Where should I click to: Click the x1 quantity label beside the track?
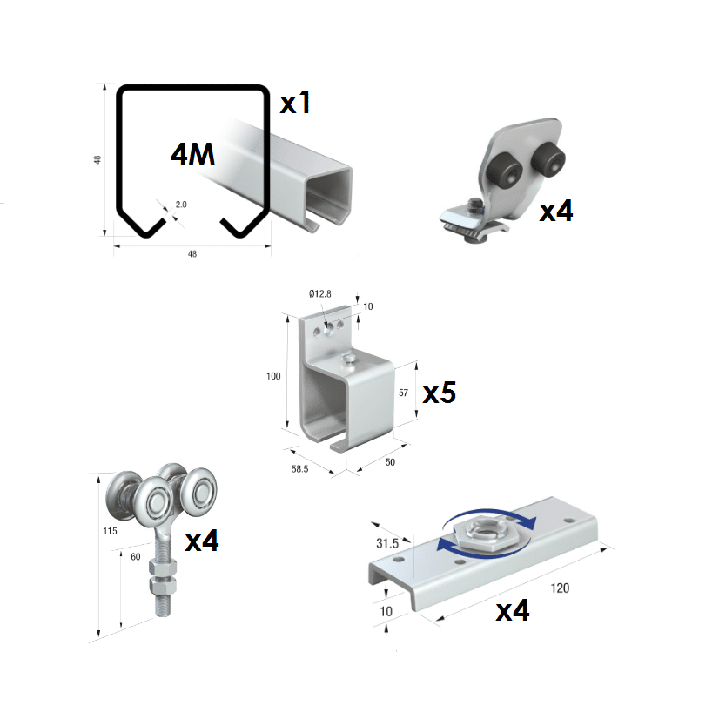(x=295, y=104)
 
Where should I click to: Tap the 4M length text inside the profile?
(x=192, y=154)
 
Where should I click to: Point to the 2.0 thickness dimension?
(x=181, y=205)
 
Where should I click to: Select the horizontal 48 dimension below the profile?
(x=192, y=254)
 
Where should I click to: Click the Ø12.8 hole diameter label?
(x=320, y=294)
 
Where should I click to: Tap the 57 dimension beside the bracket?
(x=403, y=393)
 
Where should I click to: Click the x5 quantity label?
(x=440, y=393)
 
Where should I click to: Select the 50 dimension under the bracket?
(x=390, y=462)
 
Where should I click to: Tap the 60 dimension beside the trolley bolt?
(x=137, y=557)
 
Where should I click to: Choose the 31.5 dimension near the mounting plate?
(x=386, y=542)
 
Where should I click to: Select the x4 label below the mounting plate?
(x=513, y=611)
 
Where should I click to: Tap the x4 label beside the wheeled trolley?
(x=202, y=541)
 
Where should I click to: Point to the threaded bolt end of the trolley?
(x=162, y=601)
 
